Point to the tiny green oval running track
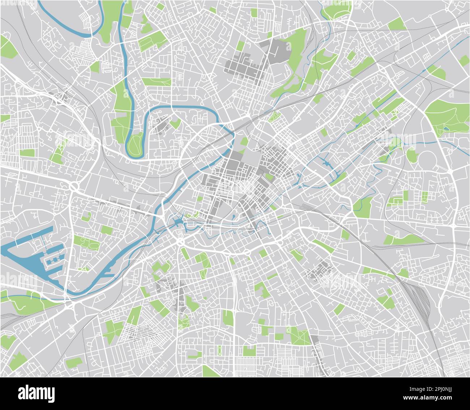pyautogui.click(x=220, y=350)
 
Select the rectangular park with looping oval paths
pyautogui.click(x=86, y=243)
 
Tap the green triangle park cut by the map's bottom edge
pyautogui.click(x=210, y=372)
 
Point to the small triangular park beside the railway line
pyautogui.click(x=274, y=117)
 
